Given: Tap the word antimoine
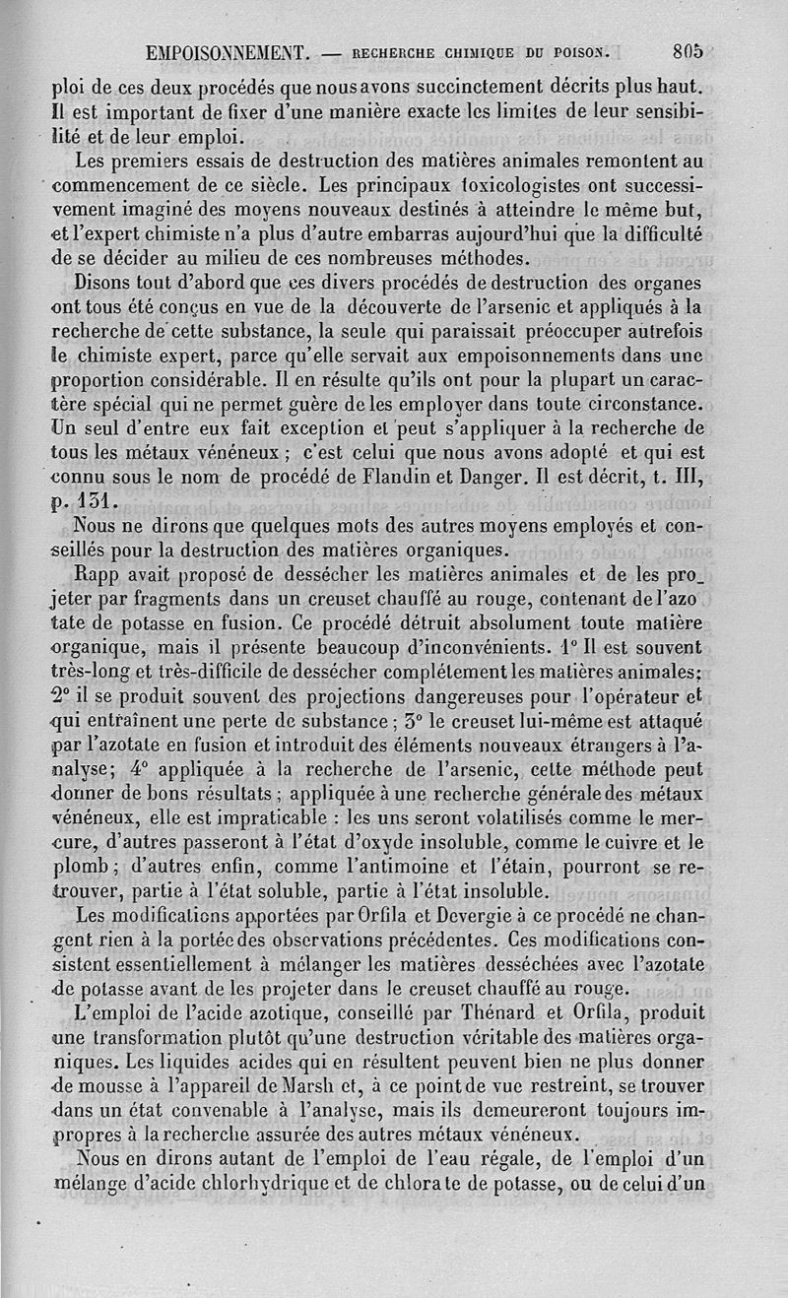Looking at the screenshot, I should pyautogui.click(x=413, y=869).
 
